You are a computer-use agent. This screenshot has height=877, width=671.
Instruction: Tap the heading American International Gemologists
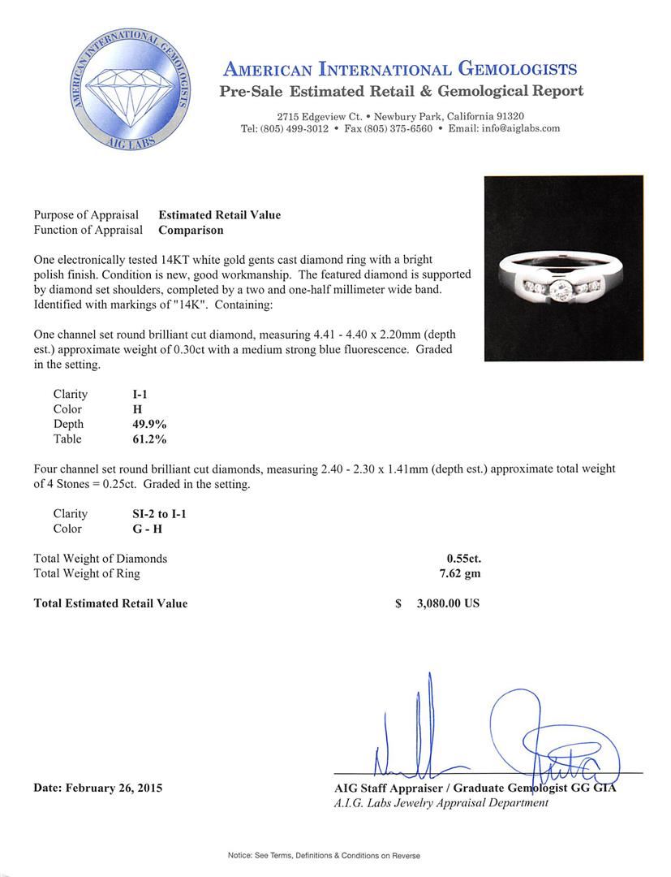pos(400,69)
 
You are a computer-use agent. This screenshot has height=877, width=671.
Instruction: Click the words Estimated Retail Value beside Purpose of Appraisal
pos(219,215)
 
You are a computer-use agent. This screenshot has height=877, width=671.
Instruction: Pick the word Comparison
pos(191,230)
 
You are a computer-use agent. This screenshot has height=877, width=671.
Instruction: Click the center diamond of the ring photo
pos(563,289)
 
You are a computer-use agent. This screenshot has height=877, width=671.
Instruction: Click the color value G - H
pos(137,529)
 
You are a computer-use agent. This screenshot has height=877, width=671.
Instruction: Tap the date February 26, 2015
pos(97,788)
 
